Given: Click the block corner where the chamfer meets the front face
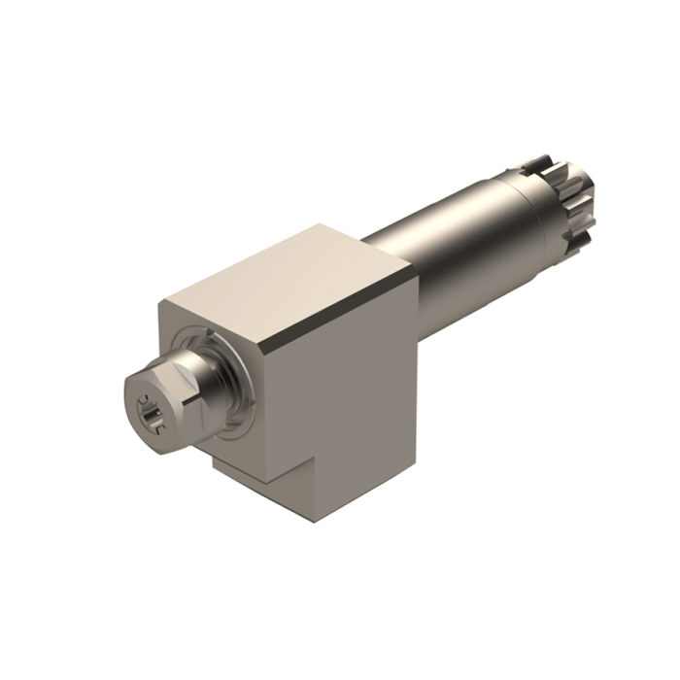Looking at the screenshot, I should tap(264, 344).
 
